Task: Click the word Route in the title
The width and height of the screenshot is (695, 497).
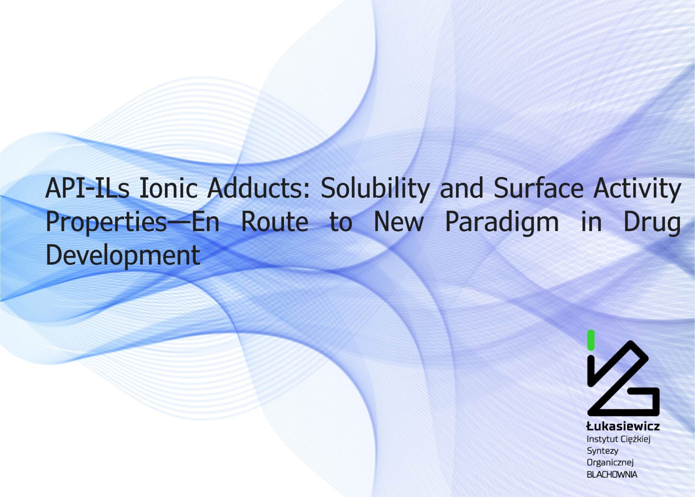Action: (274, 222)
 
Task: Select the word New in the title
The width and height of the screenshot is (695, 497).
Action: (399, 222)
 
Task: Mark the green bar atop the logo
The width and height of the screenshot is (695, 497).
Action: (591, 340)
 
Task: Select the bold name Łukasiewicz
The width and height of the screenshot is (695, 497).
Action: (623, 426)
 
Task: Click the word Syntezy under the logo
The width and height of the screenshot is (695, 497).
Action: (603, 451)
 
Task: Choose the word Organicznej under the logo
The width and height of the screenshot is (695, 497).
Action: (610, 463)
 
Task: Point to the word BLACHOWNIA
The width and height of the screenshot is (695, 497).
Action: (612, 475)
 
